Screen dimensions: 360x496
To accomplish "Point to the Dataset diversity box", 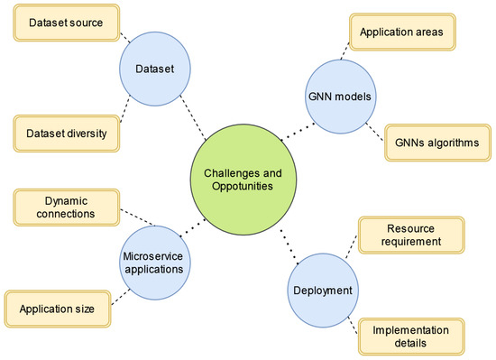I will tap(66, 134).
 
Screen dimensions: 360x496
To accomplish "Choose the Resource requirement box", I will tap(411, 236).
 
